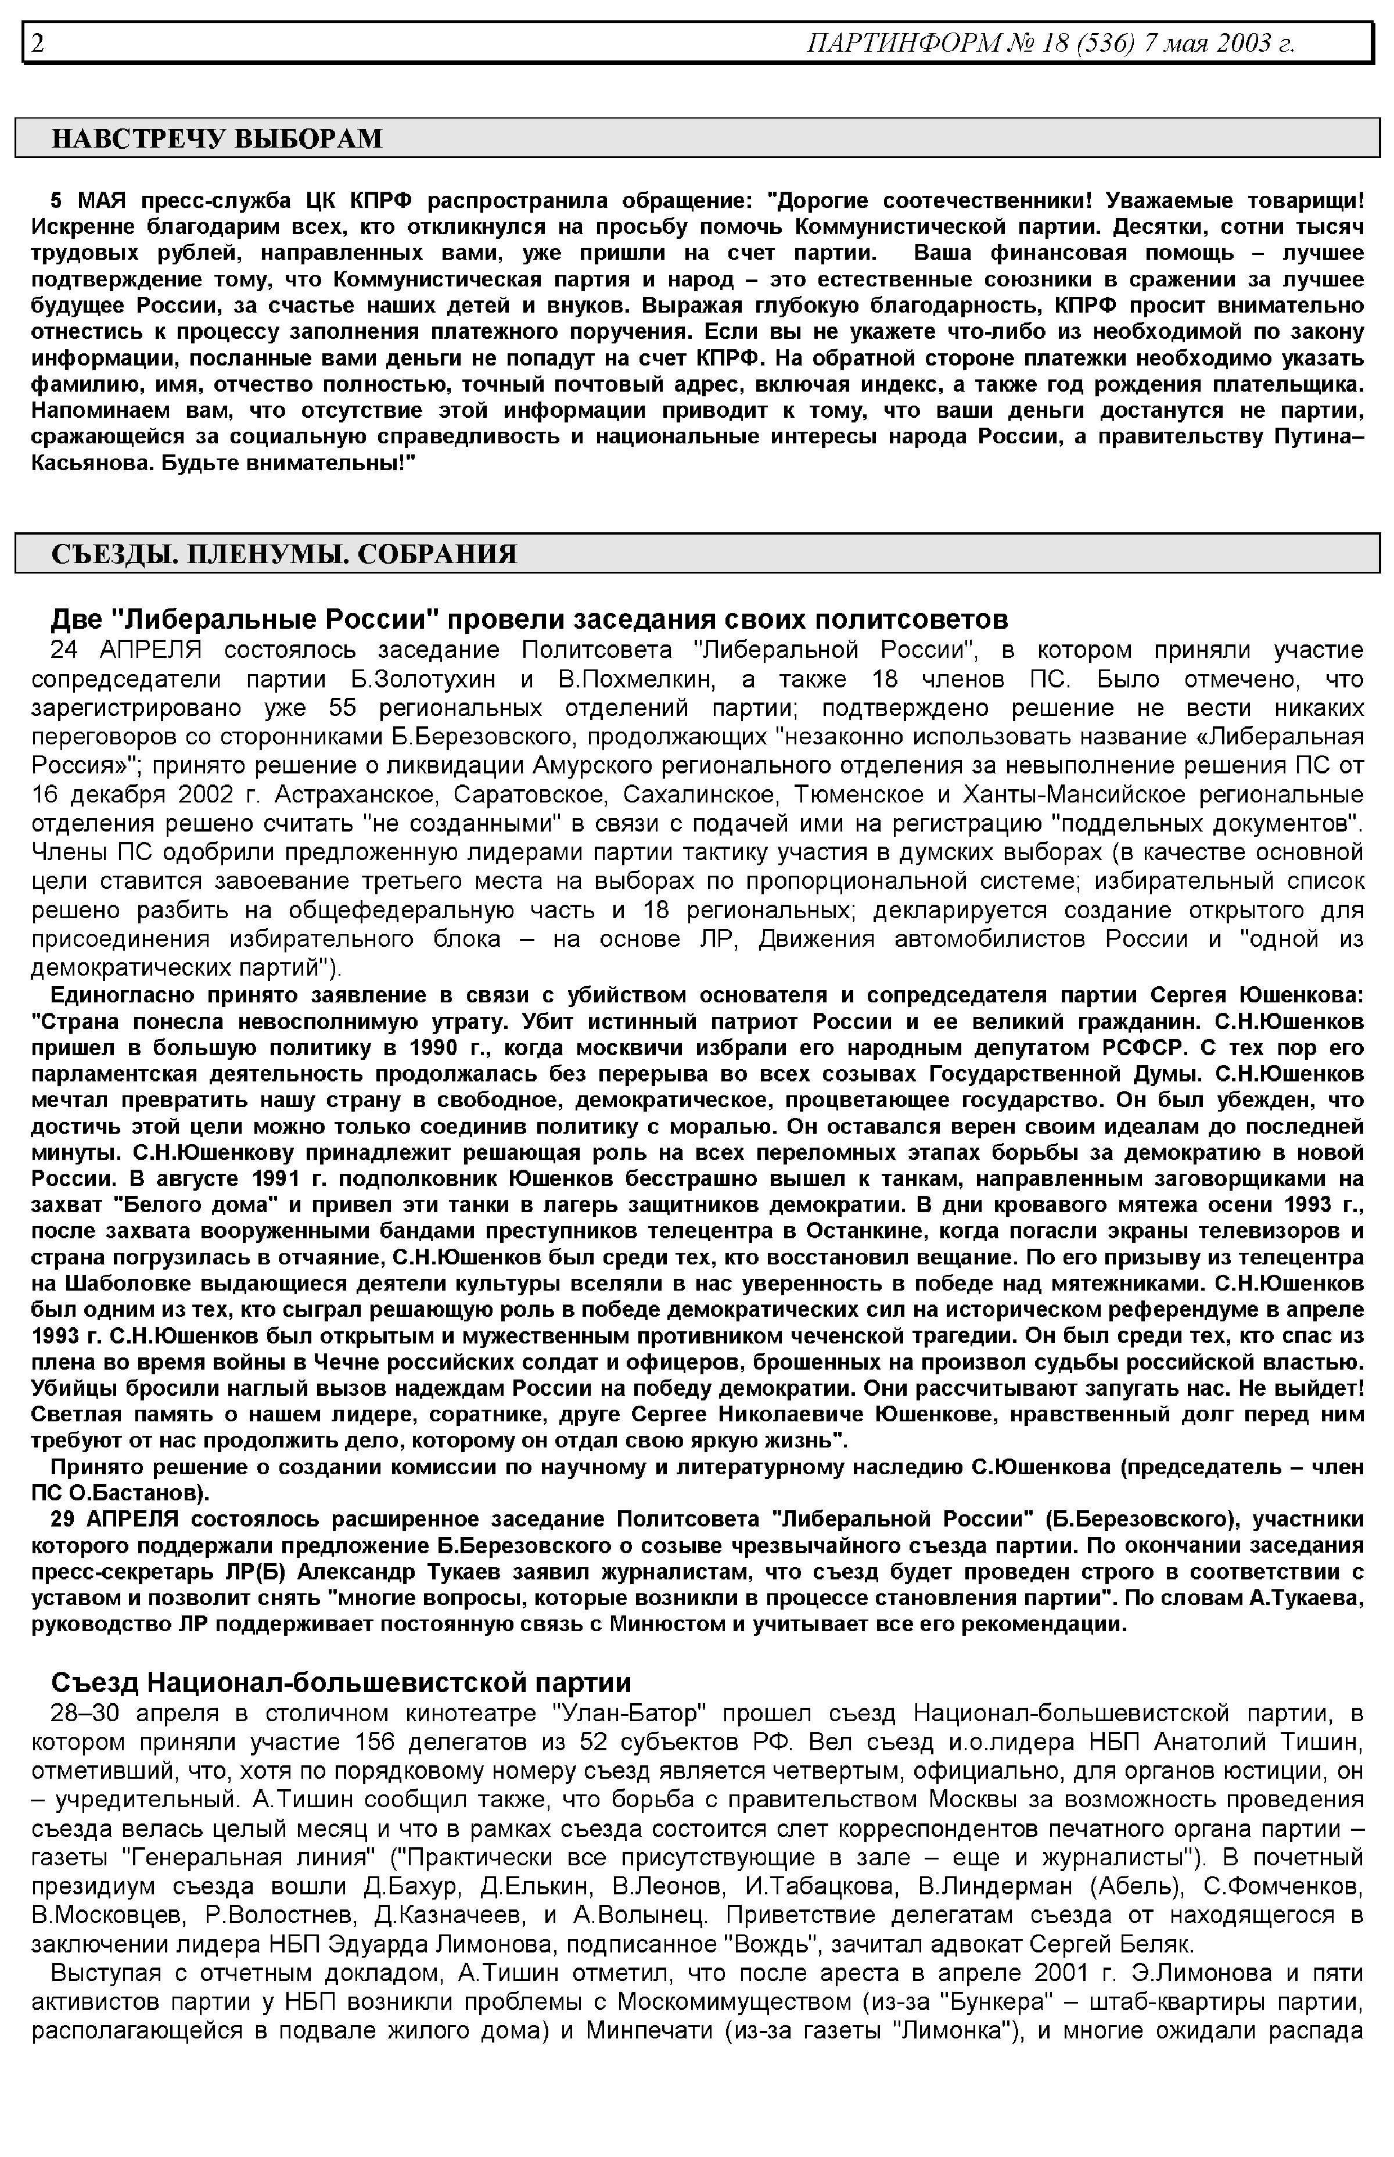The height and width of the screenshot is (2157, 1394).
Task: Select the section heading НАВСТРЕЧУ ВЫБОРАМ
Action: (x=217, y=138)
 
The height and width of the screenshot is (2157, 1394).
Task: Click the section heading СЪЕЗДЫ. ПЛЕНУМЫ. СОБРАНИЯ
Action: (x=284, y=554)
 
